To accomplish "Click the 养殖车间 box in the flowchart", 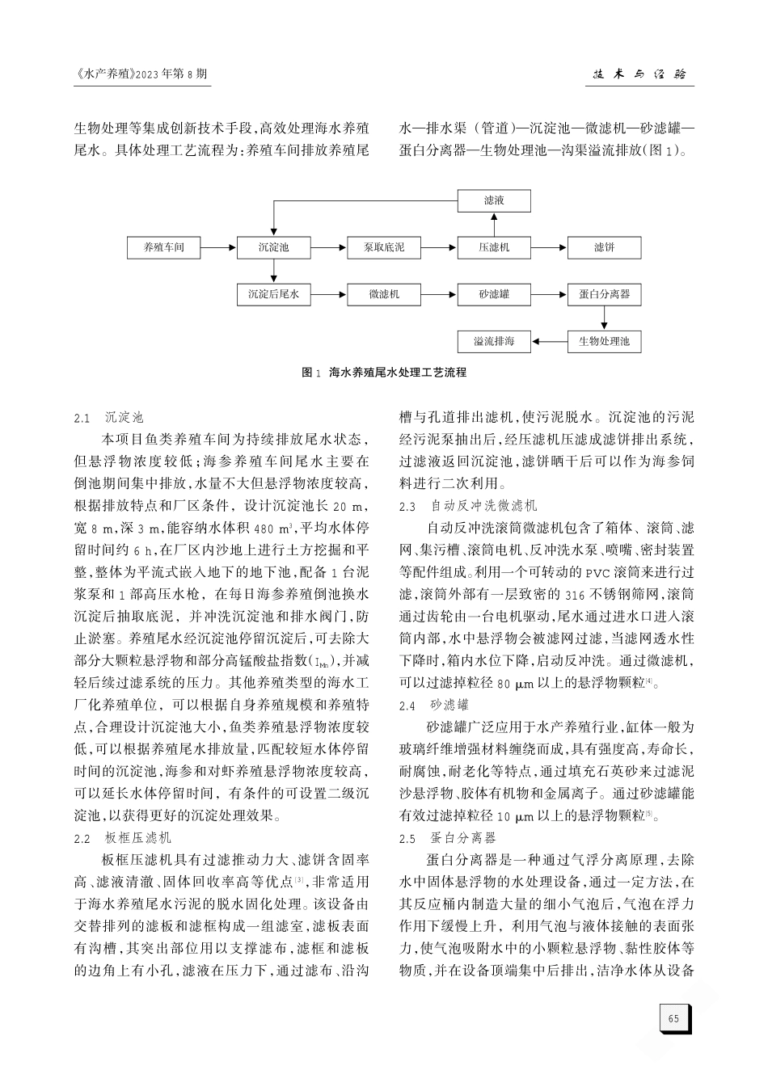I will click(x=164, y=247).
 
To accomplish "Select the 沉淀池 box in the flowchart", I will click(x=273, y=247).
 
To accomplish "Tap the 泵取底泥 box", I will click(x=384, y=247).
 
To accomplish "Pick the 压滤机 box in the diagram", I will click(x=494, y=247).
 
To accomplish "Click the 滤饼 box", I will click(x=604, y=247).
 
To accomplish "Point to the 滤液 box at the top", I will click(x=494, y=200).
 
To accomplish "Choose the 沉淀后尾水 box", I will click(x=273, y=295).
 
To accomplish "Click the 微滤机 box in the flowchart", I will click(x=384, y=295).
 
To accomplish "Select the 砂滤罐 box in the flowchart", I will click(x=494, y=295).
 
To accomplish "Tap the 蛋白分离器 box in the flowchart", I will click(x=604, y=295).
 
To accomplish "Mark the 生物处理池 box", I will click(x=604, y=342).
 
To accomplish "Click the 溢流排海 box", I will click(x=494, y=342).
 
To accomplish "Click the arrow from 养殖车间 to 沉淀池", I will click(x=218, y=247).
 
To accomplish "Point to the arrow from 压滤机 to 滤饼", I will click(x=549, y=247).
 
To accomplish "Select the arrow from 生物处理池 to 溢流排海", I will click(x=549, y=342).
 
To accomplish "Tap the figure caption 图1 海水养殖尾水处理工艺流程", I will click(x=384, y=373).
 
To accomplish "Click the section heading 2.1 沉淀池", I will click(x=108, y=418).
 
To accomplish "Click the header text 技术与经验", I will click(x=639, y=74).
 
